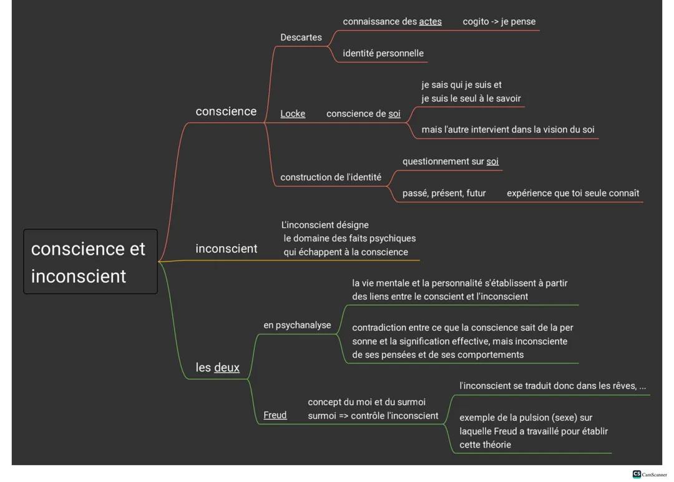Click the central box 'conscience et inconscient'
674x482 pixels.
90,262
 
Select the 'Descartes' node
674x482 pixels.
301,37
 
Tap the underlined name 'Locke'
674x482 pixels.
293,114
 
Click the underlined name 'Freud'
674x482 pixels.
275,415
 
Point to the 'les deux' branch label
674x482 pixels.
217,368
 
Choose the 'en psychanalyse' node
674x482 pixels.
297,325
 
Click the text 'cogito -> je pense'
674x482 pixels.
499,22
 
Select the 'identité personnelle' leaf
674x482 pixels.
383,54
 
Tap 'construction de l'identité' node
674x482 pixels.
331,177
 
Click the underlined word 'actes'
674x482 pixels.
430,22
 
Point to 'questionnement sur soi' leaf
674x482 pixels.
450,162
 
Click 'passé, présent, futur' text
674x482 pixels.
444,194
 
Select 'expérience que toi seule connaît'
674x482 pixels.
572,194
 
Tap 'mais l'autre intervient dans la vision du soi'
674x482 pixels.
507,130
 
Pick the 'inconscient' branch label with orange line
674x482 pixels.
226,248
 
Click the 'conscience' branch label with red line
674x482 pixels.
226,112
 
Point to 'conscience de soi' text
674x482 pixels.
363,114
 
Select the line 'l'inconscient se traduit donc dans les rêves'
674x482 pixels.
552,386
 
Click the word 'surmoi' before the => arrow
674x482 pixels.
322,416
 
